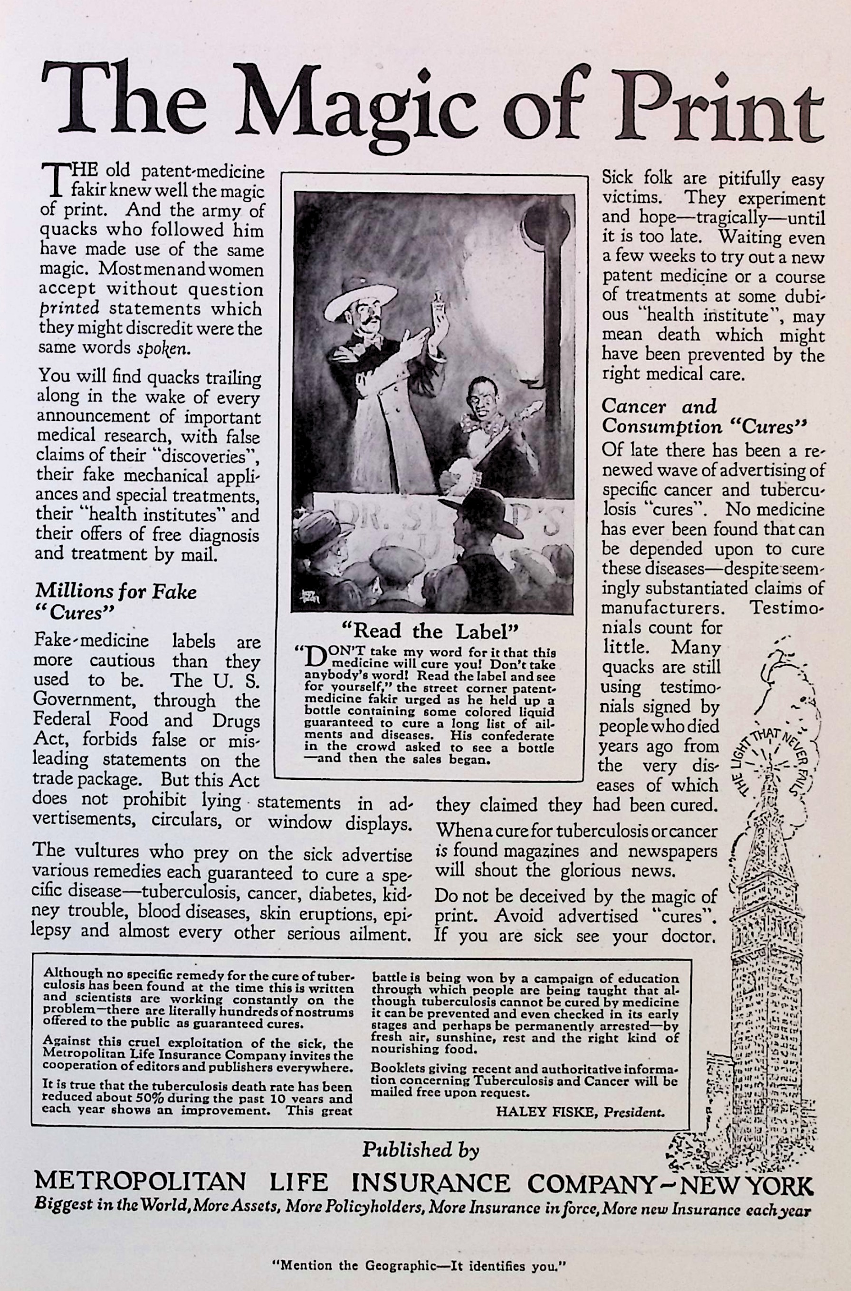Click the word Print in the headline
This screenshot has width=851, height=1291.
tap(719, 103)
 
